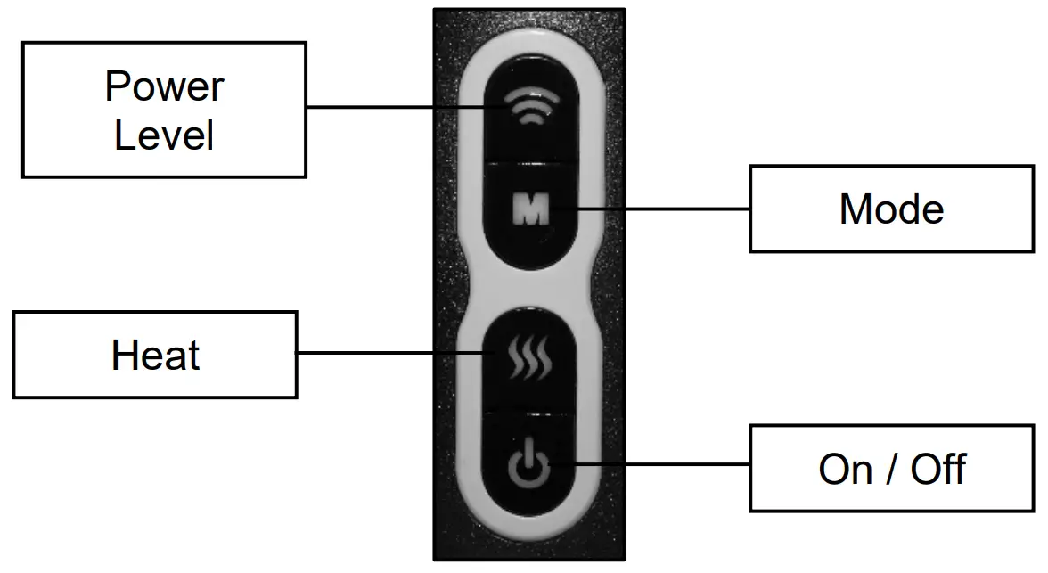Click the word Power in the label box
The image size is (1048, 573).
(164, 87)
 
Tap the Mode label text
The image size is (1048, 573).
(891, 209)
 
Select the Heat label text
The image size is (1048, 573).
(155, 356)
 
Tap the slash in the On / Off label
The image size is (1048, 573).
(891, 469)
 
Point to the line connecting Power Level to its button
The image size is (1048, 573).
(401, 107)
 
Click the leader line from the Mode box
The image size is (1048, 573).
(659, 209)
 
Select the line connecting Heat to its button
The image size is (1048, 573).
(392, 354)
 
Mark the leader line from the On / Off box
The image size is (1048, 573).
(651, 463)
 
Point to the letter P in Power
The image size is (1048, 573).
(116, 87)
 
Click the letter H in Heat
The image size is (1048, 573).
(123, 356)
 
